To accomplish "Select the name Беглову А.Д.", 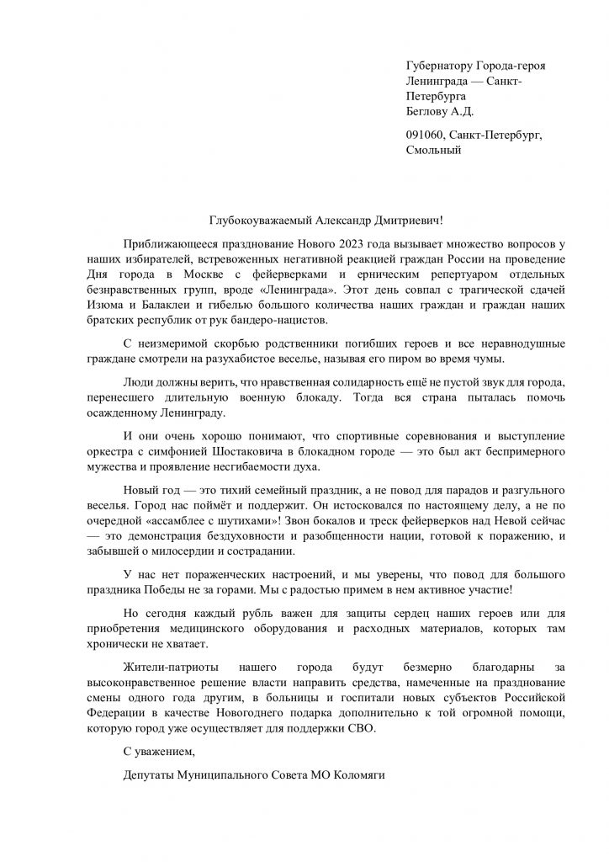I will pyautogui.click(x=439, y=111).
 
